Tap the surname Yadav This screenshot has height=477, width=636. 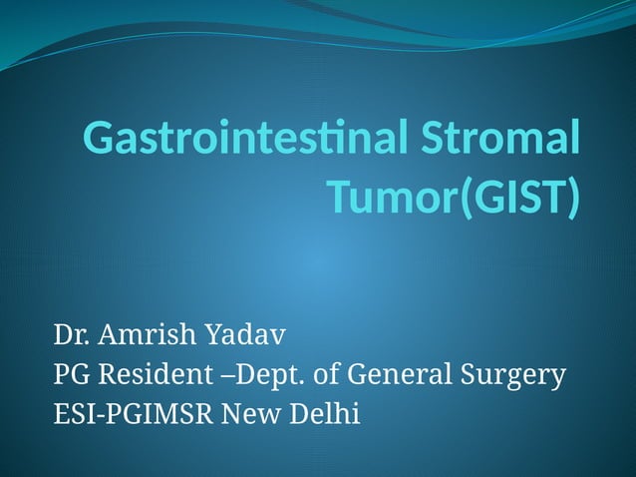(x=244, y=331)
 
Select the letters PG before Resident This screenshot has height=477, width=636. (x=69, y=375)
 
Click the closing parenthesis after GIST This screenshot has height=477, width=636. (x=571, y=199)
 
